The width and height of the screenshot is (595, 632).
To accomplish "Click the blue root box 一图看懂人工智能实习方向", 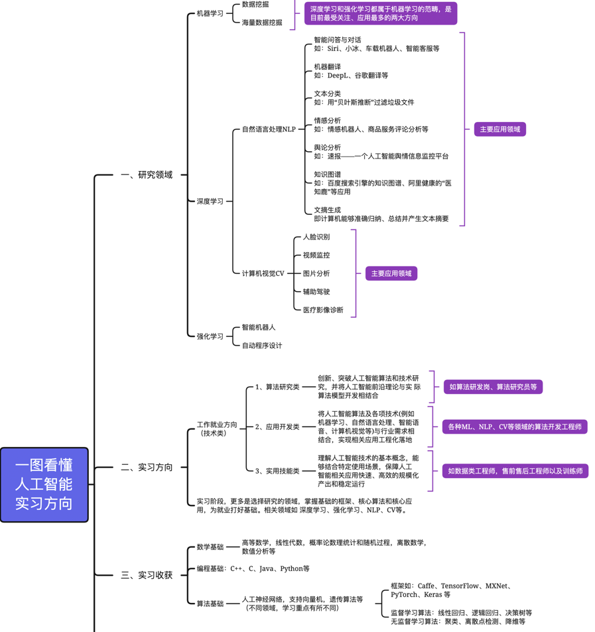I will (x=44, y=485).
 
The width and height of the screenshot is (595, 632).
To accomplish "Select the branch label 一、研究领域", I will (x=147, y=175).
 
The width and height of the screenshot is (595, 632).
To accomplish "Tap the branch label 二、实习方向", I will (x=147, y=468).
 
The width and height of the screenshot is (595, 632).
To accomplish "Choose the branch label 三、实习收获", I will (x=147, y=575).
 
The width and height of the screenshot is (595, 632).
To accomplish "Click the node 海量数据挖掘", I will (x=262, y=23).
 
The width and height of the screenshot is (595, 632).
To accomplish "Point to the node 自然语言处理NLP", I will (x=269, y=129).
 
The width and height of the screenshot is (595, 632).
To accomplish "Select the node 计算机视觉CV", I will (x=263, y=273).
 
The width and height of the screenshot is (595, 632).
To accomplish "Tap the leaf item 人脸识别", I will (x=316, y=237).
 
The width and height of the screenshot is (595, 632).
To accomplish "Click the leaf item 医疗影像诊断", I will (x=323, y=310).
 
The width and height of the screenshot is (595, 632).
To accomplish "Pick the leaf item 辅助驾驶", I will (x=316, y=292).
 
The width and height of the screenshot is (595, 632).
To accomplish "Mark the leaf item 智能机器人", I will (x=259, y=328).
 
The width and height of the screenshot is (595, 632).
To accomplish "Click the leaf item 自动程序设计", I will (x=262, y=346).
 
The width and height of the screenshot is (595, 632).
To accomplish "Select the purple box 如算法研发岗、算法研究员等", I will (x=493, y=387).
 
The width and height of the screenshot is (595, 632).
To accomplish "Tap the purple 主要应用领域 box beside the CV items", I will (x=391, y=273).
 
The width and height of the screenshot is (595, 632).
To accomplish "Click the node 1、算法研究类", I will (x=277, y=387).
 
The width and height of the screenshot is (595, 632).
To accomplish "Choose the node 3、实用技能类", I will (x=277, y=471).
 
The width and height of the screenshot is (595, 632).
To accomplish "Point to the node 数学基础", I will (x=210, y=547).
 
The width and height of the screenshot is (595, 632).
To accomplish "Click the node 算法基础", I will (x=210, y=603).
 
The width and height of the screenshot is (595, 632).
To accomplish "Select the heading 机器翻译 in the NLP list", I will (x=328, y=67).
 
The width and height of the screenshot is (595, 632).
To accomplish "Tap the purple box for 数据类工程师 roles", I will (x=515, y=471).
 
